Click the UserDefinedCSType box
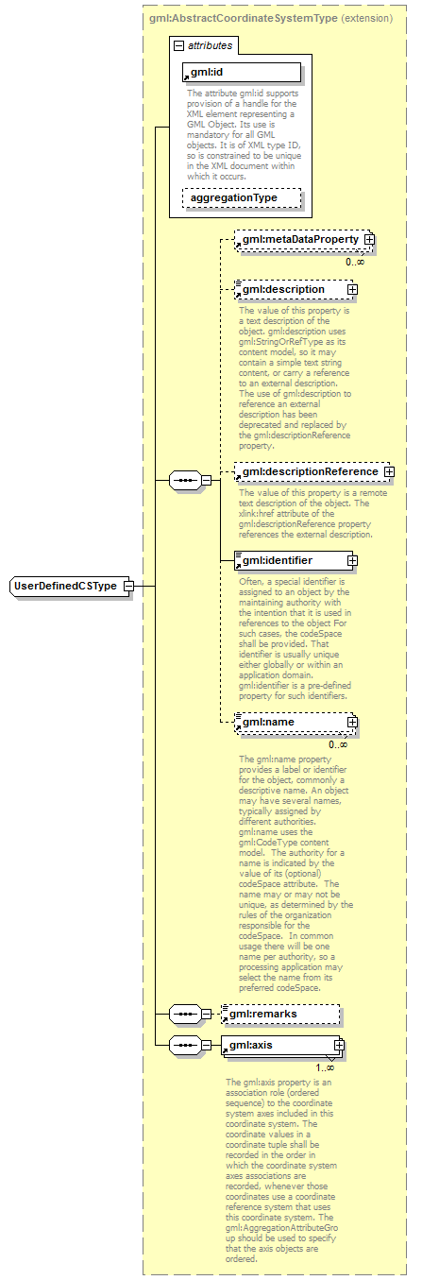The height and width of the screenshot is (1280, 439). [x=65, y=586]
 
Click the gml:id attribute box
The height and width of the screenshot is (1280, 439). [x=241, y=72]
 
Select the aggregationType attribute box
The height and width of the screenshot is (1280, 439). [x=241, y=197]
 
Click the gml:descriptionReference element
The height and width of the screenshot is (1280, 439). [x=308, y=470]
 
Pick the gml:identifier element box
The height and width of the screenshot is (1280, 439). [x=289, y=559]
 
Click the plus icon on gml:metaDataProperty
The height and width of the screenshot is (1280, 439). [x=369, y=240]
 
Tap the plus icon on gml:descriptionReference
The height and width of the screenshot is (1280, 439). [x=388, y=470]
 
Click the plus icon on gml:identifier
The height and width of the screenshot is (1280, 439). [x=352, y=559]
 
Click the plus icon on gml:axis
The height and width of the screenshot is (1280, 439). [x=338, y=1045]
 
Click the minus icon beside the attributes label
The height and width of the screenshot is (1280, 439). [x=177, y=44]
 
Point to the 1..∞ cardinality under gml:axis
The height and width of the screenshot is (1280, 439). [x=325, y=1067]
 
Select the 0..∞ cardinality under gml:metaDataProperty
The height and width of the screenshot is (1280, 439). [x=354, y=262]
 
